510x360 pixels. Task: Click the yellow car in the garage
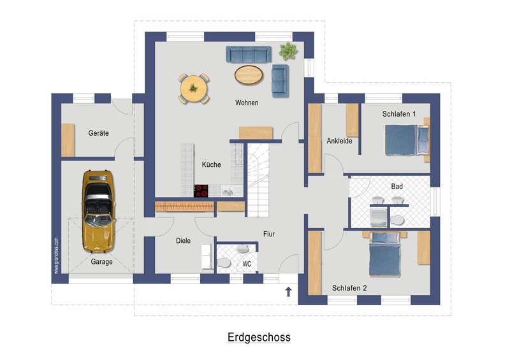pyautogui.click(x=99, y=212)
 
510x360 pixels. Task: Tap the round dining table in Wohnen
pyautogui.click(x=194, y=89)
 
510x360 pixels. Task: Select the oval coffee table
pyautogui.click(x=249, y=75)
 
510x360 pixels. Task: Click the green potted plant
pyautogui.click(x=288, y=51)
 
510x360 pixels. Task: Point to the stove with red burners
pyautogui.click(x=201, y=191)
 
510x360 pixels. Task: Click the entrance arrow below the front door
pyautogui.click(x=288, y=292)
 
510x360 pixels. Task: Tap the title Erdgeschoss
pyautogui.click(x=259, y=337)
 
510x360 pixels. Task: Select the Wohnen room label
pyautogui.click(x=247, y=103)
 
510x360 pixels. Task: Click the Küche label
pyautogui.click(x=212, y=164)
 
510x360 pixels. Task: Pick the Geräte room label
pyautogui.click(x=99, y=133)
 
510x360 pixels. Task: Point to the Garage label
pyautogui.click(x=101, y=262)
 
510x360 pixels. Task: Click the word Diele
pyautogui.click(x=183, y=241)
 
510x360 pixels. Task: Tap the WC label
pyautogui.click(x=247, y=264)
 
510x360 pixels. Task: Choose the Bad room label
pyautogui.click(x=397, y=186)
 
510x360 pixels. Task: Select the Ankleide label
pyautogui.click(x=339, y=141)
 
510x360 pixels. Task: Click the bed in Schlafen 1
pyautogui.click(x=407, y=140)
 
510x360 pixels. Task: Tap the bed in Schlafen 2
pyautogui.click(x=384, y=254)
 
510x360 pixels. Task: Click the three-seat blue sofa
pyautogui.click(x=249, y=54)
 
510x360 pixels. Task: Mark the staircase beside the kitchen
pyautogui.click(x=258, y=180)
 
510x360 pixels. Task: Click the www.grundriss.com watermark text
pyautogui.click(x=57, y=256)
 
